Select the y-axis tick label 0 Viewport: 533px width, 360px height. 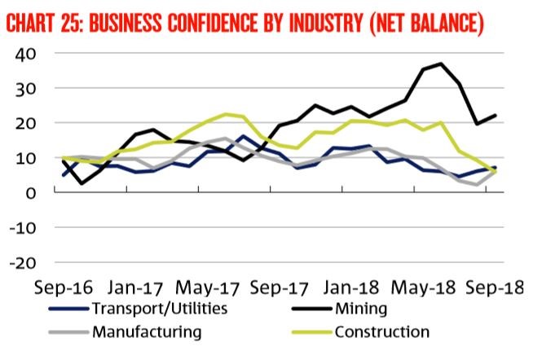tap(28, 193)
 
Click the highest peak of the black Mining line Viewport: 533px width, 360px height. tap(441, 64)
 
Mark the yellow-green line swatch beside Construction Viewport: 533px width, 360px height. tap(307, 332)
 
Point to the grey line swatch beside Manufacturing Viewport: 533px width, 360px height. tap(66, 332)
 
